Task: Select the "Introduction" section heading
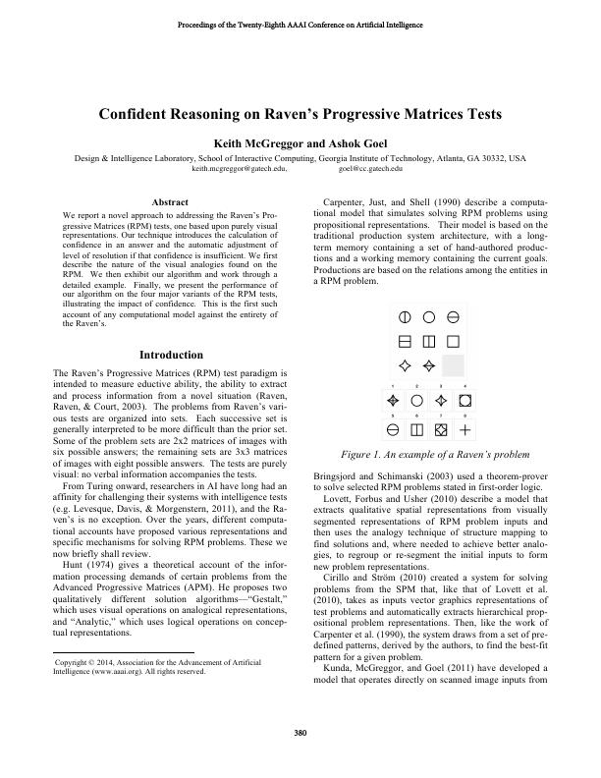click(171, 355)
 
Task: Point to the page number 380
click(300, 733)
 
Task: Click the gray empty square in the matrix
click(453, 366)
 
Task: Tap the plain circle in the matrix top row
click(428, 317)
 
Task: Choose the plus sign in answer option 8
click(465, 430)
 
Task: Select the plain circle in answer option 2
click(416, 402)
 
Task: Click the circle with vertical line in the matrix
click(404, 317)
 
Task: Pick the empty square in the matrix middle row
click(453, 342)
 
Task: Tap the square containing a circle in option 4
click(465, 402)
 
